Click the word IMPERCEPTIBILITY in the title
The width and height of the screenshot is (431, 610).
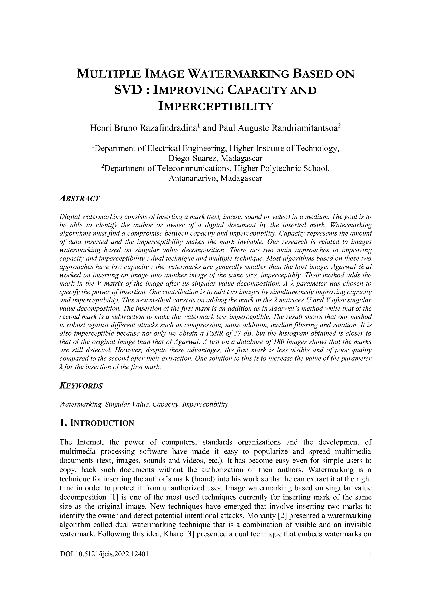(x=215, y=107)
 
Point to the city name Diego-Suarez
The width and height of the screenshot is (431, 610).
(x=194, y=158)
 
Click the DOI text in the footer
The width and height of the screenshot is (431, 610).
(x=104, y=554)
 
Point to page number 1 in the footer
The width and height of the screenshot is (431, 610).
(x=369, y=554)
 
